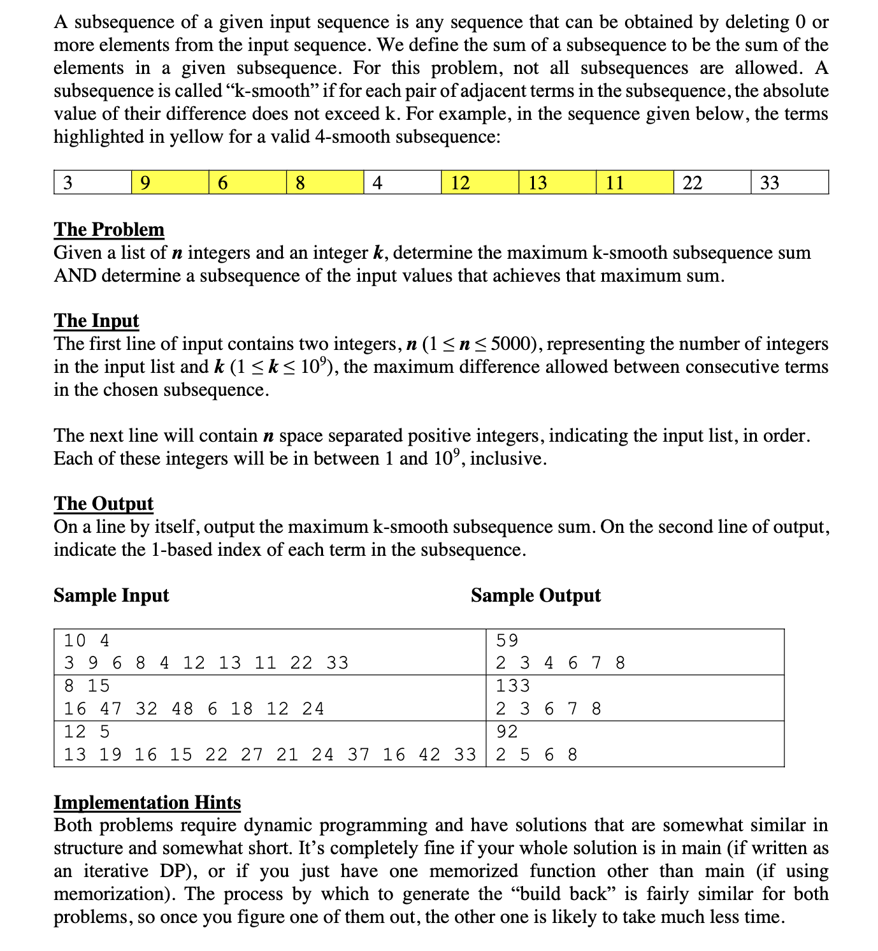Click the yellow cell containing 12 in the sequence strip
tap(480, 182)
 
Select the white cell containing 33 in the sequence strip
tap(789, 182)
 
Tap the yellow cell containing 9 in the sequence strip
tap(170, 182)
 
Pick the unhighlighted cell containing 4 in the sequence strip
tap(402, 182)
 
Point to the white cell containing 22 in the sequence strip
tap(712, 182)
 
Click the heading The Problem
tap(109, 229)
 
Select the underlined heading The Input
tap(96, 321)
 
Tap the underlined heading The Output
tap(103, 504)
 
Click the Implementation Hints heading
tap(147, 802)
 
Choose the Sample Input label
tap(111, 595)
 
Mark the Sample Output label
tap(535, 595)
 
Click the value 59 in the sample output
tap(507, 641)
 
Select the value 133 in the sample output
tap(513, 686)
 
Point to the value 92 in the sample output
tap(507, 732)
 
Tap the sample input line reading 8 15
tap(87, 686)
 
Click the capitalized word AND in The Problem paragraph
tap(75, 276)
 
